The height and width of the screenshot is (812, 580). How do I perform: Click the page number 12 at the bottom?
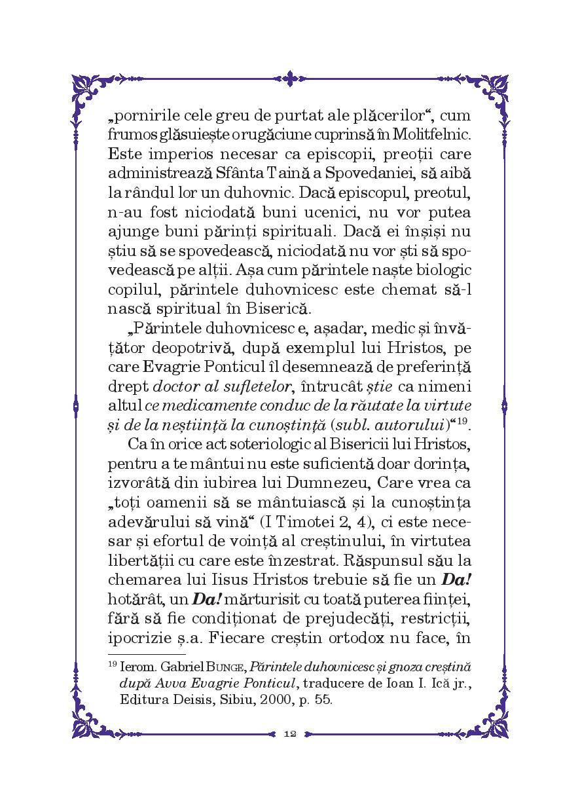(x=290, y=733)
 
